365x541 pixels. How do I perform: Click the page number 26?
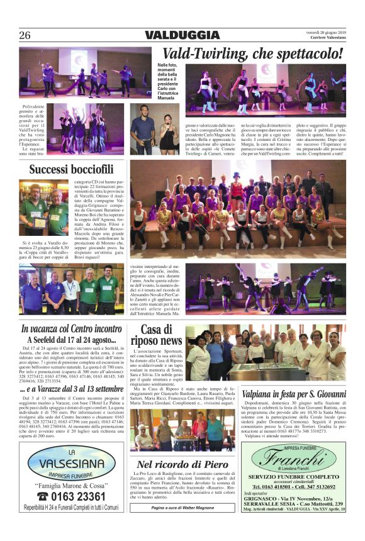[x=25, y=35]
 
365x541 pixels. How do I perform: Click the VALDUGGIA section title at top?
[x=182, y=35]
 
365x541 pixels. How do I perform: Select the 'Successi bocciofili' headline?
[x=71, y=169]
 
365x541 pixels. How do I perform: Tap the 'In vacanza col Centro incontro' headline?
[x=71, y=328]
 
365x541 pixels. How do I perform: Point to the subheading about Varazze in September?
[x=70, y=388]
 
